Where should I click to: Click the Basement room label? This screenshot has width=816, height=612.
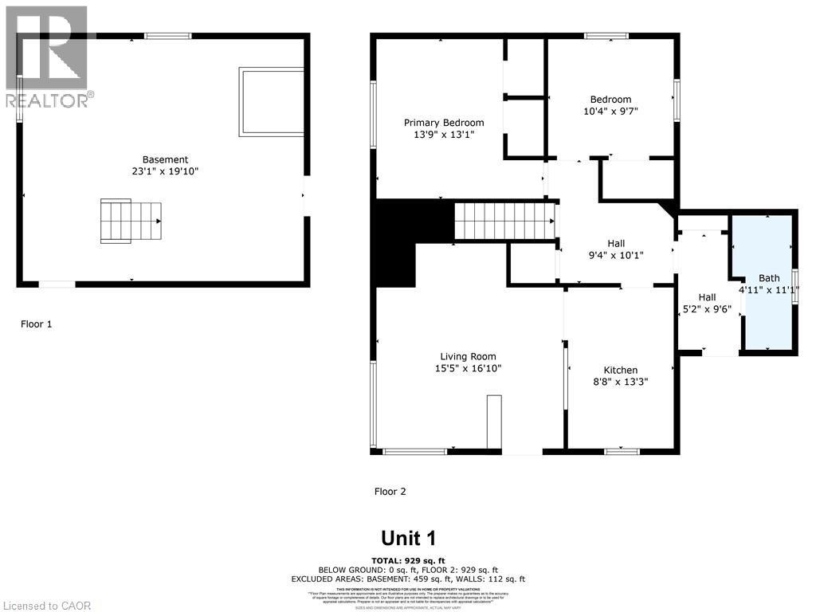coord(165,159)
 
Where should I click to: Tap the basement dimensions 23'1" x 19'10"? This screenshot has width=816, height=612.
coord(165,171)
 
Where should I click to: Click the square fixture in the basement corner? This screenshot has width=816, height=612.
coord(271,101)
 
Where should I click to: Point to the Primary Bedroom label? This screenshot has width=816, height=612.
coord(444,122)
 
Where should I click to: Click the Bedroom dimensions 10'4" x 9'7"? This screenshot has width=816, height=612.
coord(610,112)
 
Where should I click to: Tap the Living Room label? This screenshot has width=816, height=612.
coord(468,356)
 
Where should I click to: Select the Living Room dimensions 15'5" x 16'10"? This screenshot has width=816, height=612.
coord(468,368)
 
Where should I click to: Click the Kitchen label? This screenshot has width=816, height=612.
coord(620,370)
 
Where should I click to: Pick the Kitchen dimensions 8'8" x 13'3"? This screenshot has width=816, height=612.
coord(620,382)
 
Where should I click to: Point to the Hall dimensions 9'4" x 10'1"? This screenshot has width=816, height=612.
coord(616,256)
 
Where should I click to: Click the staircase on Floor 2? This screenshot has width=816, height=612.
coord(504,221)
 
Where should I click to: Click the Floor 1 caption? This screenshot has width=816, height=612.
coord(36,324)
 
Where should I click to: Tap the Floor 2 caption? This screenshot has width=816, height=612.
coord(390,492)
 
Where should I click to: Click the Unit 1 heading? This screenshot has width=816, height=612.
coord(408,538)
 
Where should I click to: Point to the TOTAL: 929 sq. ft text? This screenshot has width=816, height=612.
coord(408,560)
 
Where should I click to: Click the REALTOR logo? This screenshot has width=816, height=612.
coord(48,56)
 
